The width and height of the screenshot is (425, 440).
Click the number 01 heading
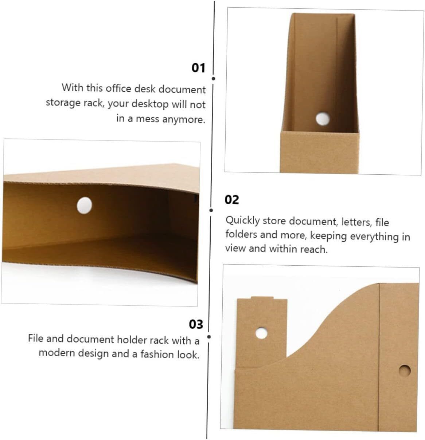[x=198, y=68]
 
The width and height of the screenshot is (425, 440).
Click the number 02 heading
[x=231, y=200]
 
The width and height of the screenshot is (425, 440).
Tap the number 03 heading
[x=196, y=324]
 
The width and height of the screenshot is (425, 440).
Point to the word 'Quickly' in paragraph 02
[x=242, y=220]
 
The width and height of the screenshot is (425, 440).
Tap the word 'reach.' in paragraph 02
[x=314, y=249]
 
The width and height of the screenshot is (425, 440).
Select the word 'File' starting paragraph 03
[x=36, y=338]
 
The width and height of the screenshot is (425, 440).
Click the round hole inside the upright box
[x=323, y=119]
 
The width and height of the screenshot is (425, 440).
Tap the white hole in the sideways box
[x=85, y=205]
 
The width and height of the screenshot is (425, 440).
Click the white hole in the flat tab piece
[x=261, y=333]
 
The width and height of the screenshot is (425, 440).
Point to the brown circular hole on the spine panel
[x=404, y=370]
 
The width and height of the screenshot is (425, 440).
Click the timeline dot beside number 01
[x=213, y=79]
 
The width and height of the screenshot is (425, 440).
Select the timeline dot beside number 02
[x=211, y=210]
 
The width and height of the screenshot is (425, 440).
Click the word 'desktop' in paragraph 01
[x=150, y=104]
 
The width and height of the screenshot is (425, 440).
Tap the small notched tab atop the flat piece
[x=262, y=298]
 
